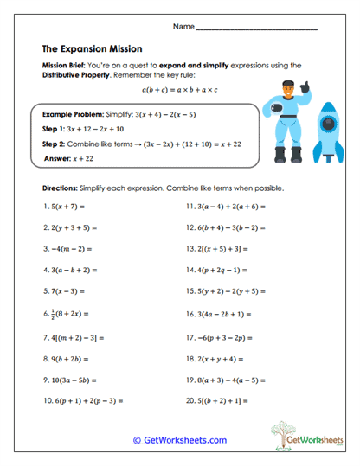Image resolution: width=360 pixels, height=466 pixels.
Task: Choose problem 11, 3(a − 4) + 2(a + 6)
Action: click(225, 207)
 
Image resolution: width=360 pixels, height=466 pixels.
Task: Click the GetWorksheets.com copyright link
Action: click(180, 440)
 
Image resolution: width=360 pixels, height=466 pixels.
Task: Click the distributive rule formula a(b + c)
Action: click(179, 88)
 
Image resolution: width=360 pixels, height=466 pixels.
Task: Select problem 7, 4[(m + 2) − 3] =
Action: click(80, 336)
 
